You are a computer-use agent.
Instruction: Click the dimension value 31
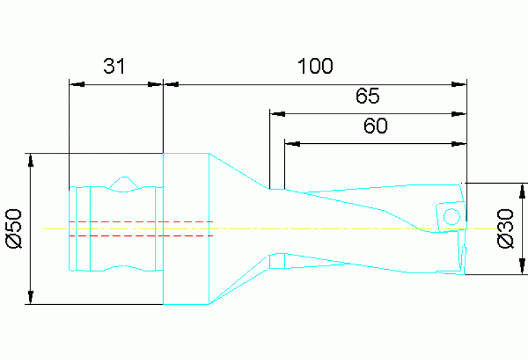115,66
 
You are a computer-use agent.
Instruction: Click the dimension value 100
315,66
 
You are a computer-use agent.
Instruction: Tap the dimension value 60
375,126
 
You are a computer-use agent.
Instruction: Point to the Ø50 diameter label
15,228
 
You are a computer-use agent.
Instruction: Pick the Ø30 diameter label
506,229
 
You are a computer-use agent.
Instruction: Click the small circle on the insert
452,216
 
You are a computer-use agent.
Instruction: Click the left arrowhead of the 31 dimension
76,85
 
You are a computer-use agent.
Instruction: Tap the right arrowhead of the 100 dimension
459,85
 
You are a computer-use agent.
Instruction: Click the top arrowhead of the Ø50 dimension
30,160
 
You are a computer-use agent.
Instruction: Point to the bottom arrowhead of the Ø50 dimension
30,297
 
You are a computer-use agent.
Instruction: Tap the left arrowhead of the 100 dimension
171,85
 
